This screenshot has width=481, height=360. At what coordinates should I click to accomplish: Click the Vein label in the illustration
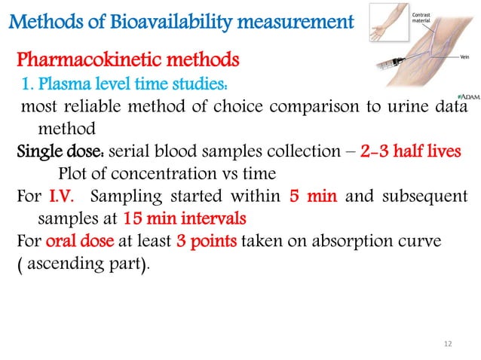point(465,57)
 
